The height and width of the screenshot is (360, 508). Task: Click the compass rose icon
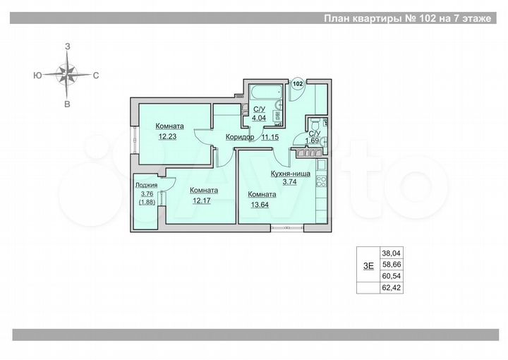68,73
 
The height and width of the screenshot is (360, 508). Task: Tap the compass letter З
68,46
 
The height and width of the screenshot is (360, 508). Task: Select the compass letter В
68,104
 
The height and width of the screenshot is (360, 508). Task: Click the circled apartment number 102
298,83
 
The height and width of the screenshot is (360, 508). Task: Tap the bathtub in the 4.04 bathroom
261,92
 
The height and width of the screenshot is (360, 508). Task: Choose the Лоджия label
147,186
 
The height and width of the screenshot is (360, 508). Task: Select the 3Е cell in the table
368,266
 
